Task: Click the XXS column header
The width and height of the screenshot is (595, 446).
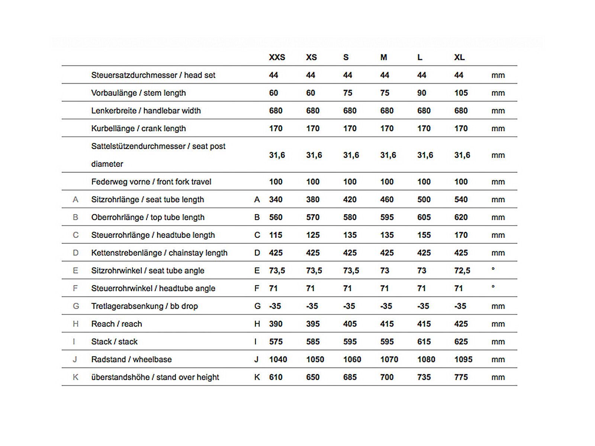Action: click(277, 57)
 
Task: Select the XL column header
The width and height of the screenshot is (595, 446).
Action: click(459, 57)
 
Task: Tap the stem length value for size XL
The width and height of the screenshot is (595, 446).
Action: click(461, 93)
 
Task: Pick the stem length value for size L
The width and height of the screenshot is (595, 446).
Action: click(421, 93)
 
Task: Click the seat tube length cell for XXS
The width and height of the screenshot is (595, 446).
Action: click(276, 200)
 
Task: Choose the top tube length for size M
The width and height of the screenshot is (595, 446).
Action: click(387, 217)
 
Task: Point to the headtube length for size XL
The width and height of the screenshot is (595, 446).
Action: click(461, 235)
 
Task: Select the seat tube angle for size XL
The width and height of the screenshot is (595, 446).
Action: click(462, 271)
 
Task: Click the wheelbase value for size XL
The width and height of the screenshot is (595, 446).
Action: click(463, 359)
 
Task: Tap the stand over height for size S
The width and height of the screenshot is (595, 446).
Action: click(350, 377)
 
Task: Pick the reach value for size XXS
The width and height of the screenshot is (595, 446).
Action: click(276, 324)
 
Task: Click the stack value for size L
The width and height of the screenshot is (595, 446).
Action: click(424, 342)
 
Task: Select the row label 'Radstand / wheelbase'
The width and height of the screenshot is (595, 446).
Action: click(131, 359)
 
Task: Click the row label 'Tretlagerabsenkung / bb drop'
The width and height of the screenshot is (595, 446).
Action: click(144, 306)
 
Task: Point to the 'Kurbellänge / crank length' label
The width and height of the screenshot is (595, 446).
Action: click(138, 129)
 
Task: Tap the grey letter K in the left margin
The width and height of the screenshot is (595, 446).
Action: click(75, 377)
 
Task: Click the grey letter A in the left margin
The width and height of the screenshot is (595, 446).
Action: click(75, 200)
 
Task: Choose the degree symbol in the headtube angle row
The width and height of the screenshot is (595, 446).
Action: click(493, 287)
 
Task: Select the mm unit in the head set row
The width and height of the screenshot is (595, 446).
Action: click(498, 75)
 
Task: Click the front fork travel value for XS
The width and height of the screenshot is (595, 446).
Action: click(313, 182)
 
